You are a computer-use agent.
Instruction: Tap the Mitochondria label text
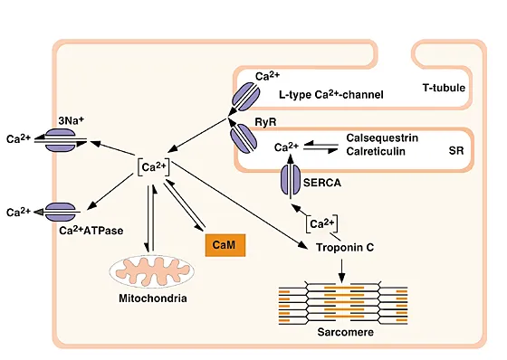(145, 296)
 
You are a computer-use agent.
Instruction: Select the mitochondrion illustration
(145, 269)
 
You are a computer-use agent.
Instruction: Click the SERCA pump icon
(291, 182)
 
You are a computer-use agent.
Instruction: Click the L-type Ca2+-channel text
(332, 94)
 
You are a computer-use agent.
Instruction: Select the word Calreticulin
(376, 151)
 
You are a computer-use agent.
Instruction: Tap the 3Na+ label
(72, 119)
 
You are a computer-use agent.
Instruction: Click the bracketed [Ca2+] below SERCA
(323, 223)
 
